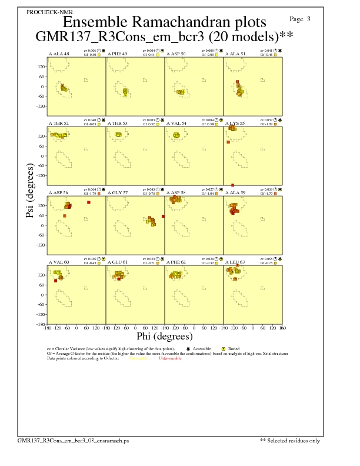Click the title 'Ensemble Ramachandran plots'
click(164, 22)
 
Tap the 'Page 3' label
click(301, 19)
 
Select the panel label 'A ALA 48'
click(58, 54)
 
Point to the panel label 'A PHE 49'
click(117, 54)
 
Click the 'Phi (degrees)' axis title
click(164, 337)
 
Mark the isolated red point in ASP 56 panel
click(88, 202)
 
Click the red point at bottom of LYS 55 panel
click(233, 185)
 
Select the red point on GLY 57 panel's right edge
click(163, 217)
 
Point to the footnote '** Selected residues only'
click(289, 440)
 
